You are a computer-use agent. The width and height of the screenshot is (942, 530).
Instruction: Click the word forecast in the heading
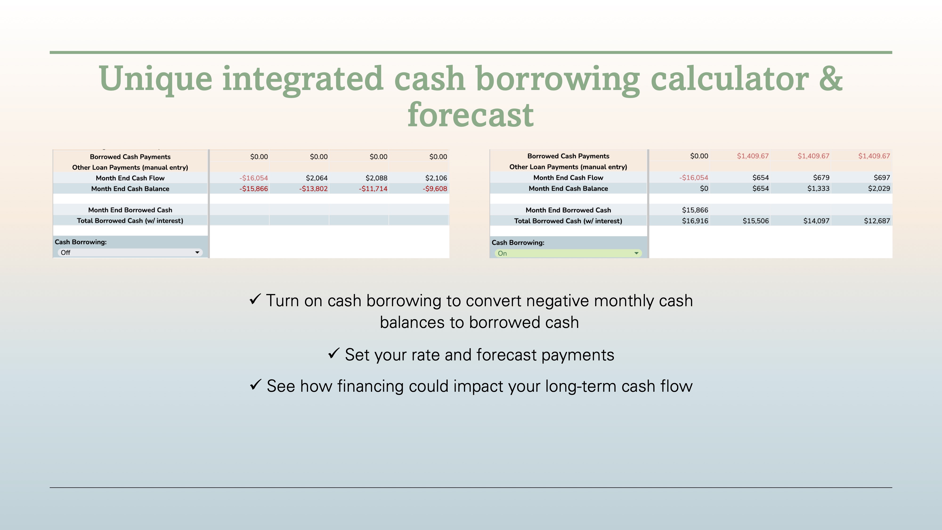471,115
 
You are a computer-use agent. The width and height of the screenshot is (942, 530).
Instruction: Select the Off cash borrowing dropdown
130,252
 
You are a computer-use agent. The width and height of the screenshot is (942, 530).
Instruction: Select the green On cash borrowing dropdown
568,253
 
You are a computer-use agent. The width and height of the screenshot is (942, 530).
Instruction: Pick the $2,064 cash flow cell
317,178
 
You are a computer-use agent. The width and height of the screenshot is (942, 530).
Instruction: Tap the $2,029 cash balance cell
879,188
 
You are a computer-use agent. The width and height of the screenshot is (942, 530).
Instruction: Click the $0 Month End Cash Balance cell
704,188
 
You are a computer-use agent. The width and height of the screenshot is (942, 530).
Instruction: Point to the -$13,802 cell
313,189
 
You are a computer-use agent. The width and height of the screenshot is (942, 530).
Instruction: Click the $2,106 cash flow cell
436,178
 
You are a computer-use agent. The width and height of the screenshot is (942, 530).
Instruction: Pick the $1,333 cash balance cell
818,188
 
